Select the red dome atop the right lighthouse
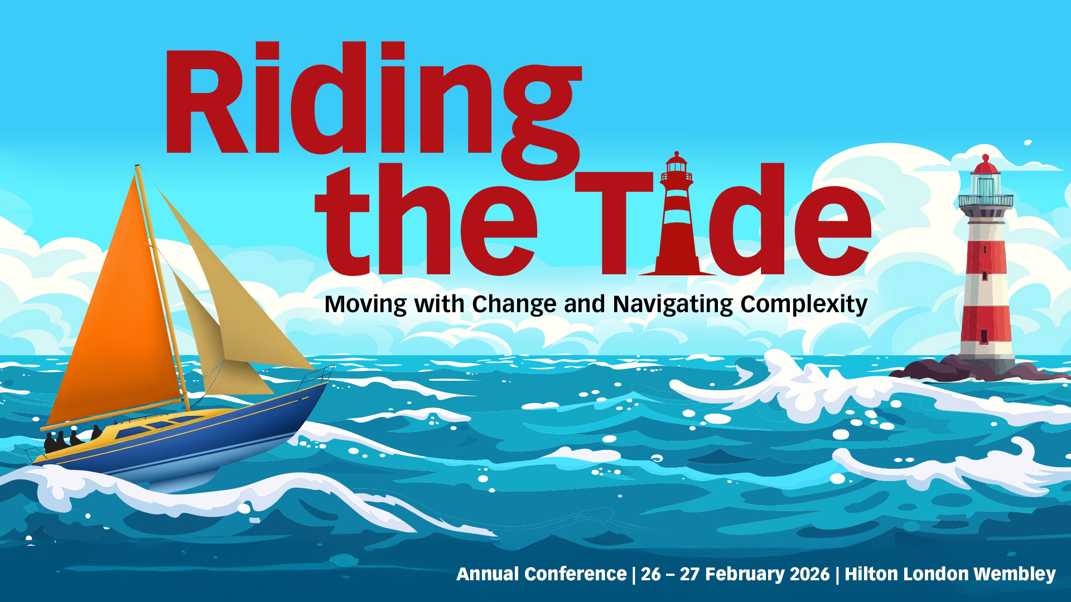click(986, 166)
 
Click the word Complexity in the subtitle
click(804, 305)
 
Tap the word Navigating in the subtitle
click(673, 305)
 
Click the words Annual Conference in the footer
click(542, 574)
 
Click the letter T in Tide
click(614, 223)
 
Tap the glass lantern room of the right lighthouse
click(986, 185)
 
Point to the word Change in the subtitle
click(514, 305)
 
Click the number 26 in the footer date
click(650, 574)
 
